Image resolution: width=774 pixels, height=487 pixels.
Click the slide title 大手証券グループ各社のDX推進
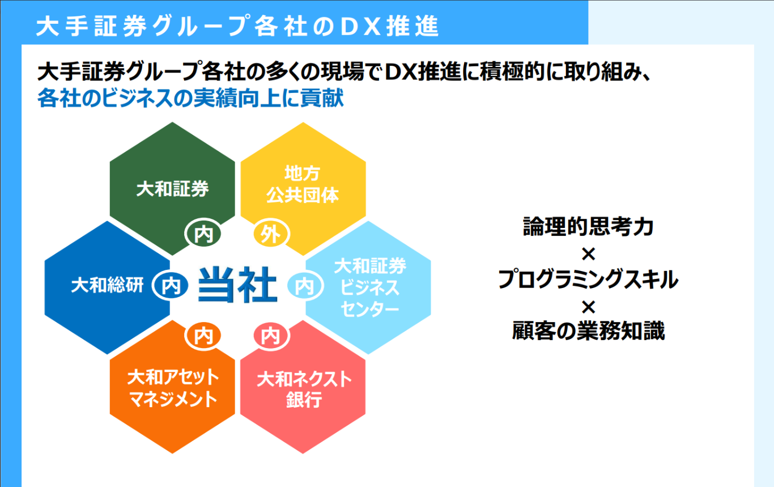pos(237,26)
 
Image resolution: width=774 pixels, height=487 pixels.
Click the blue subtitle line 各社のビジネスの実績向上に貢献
pos(190,98)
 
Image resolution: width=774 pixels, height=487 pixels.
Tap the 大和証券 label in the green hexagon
pos(172,189)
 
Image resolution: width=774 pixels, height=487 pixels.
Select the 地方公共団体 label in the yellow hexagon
pos(303,184)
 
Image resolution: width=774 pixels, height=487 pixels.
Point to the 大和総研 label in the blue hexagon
pos(107,285)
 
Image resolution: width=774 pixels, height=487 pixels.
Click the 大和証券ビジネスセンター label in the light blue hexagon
pos(370,287)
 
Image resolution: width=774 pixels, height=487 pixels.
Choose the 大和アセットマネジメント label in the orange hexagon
pos(173,388)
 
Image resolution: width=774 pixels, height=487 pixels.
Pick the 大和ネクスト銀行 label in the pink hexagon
pos(304,389)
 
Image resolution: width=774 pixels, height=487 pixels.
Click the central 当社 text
pos(238,285)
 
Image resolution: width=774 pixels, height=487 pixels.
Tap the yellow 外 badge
pos(271,234)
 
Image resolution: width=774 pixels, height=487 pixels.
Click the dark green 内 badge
pos(203,234)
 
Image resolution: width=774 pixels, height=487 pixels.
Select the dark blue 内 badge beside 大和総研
pos(171,286)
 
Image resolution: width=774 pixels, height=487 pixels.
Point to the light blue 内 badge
pos(305,286)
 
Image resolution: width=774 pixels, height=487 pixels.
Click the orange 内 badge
pos(203,336)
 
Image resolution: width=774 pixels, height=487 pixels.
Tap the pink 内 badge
pos(271,336)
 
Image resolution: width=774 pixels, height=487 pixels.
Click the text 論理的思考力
pos(588,226)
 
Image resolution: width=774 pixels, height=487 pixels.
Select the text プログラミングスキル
pos(588,279)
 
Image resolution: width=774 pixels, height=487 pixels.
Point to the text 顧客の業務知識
pos(588,331)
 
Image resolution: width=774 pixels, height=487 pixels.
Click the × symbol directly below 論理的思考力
pos(588,255)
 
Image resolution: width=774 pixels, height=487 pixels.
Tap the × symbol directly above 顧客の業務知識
pos(588,307)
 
